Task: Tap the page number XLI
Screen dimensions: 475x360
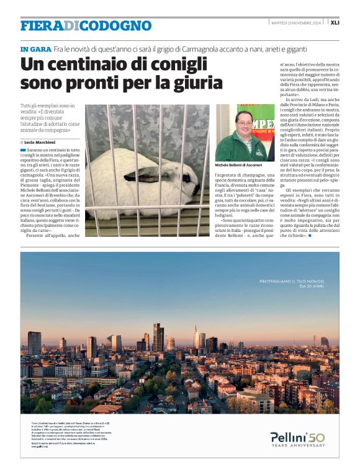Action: click(335, 22)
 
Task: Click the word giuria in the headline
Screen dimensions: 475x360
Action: click(199, 82)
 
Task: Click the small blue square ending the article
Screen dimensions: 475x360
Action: click(310, 236)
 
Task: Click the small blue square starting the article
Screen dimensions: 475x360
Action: click(23, 150)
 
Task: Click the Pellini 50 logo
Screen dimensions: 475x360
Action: click(297, 438)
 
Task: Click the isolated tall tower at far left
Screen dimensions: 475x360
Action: click(34, 342)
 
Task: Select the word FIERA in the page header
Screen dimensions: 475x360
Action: click(42, 25)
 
